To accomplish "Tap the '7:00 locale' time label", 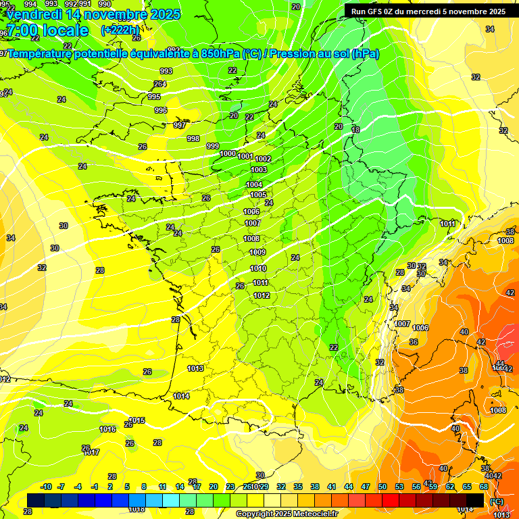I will (47, 30).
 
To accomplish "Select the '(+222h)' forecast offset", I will (120, 30).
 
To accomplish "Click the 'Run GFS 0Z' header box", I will (428, 11).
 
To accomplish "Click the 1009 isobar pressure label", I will (257, 253).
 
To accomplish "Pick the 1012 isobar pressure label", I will (262, 295).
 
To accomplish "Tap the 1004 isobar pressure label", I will (254, 184).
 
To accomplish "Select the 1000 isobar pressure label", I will (228, 154).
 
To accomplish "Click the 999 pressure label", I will (212, 146).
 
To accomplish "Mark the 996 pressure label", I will (160, 110).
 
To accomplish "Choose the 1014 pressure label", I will (181, 396).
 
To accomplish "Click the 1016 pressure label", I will (107, 429).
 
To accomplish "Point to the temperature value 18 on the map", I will (355, 130).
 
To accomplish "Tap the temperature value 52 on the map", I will (380, 363).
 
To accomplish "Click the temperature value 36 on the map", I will (413, 342).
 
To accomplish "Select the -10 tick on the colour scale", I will (46, 487).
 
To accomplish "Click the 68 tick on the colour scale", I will (483, 487).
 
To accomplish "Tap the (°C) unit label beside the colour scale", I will (497, 501).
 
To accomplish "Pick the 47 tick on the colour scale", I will (366, 487).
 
